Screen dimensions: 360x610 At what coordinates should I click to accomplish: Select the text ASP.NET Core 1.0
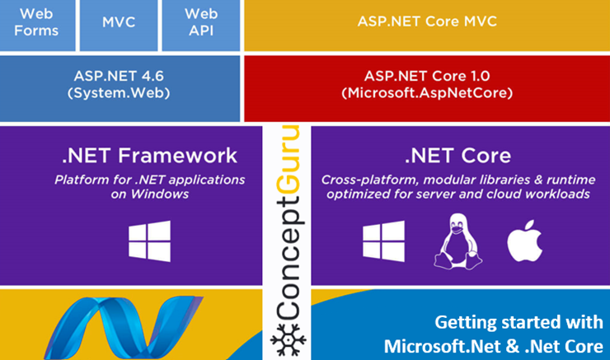click(x=427, y=76)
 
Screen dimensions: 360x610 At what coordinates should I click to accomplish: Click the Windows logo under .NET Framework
click(x=149, y=241)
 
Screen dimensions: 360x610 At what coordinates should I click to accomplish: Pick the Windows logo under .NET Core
click(x=383, y=241)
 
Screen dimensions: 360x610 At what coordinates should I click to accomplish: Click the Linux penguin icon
click(x=455, y=240)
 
